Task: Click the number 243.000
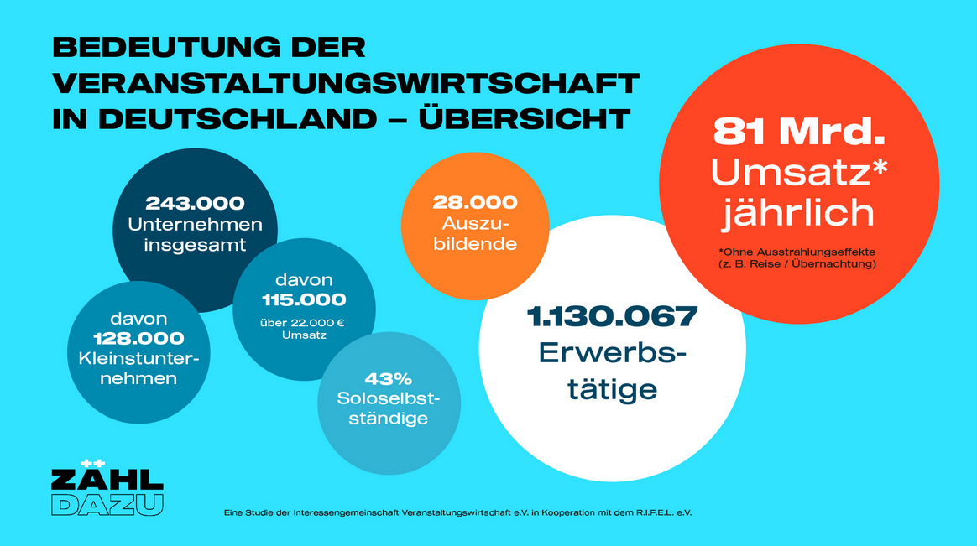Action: [195, 204]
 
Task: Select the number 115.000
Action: [297, 299]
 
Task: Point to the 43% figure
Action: [388, 378]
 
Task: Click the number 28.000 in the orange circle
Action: [475, 203]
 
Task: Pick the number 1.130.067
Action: [612, 316]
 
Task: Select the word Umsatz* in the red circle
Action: [799, 172]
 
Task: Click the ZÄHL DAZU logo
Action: [107, 488]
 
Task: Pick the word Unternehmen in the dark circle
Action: [195, 225]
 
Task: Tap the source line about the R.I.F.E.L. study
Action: [457, 512]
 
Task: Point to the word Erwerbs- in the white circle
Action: [612, 354]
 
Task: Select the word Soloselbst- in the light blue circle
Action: [388, 398]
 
